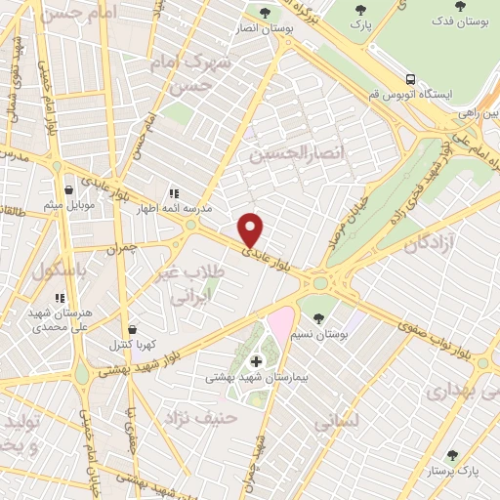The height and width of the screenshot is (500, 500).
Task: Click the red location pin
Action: coord(251,229)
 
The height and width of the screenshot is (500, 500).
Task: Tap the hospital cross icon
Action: coord(256,361)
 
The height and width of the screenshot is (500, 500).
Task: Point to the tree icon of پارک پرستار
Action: coord(452,455)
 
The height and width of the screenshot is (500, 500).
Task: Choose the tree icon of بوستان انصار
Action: coord(266,13)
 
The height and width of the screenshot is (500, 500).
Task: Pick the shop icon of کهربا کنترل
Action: coord(133,329)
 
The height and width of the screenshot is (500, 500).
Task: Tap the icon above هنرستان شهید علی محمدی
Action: coord(60,298)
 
